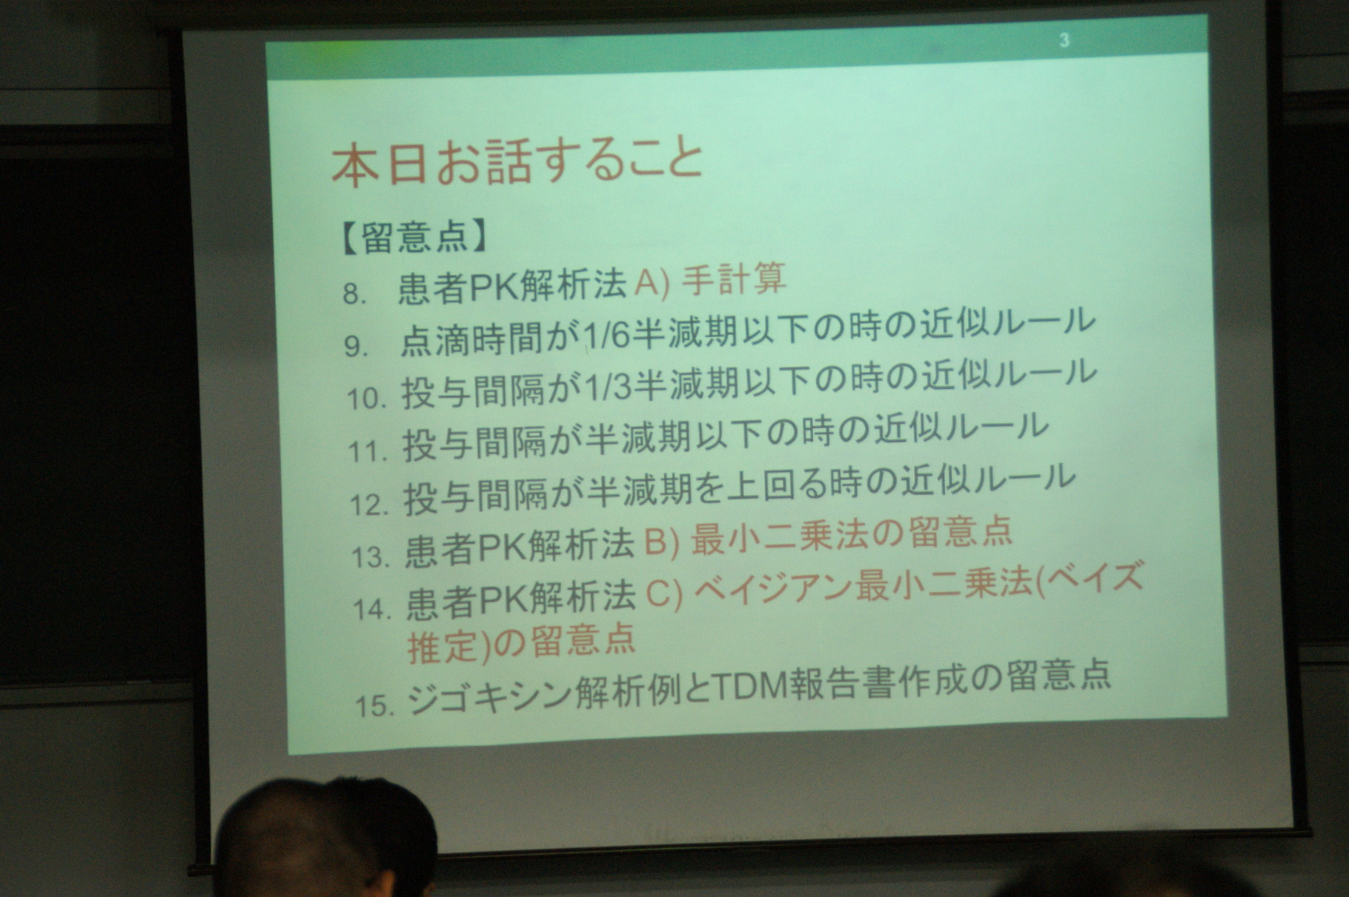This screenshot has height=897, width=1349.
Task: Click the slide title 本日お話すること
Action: tap(517, 161)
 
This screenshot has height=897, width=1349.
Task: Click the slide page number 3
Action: tap(1064, 40)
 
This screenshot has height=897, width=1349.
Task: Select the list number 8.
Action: tap(355, 294)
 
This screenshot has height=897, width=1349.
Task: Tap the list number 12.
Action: tap(370, 504)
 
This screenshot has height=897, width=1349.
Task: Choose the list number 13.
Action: tap(371, 556)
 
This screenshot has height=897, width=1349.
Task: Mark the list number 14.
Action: tap(373, 609)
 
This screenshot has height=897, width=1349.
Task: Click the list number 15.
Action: tap(374, 704)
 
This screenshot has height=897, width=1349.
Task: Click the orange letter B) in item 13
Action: tap(662, 541)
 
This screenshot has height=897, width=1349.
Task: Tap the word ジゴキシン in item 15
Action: tap(489, 695)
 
